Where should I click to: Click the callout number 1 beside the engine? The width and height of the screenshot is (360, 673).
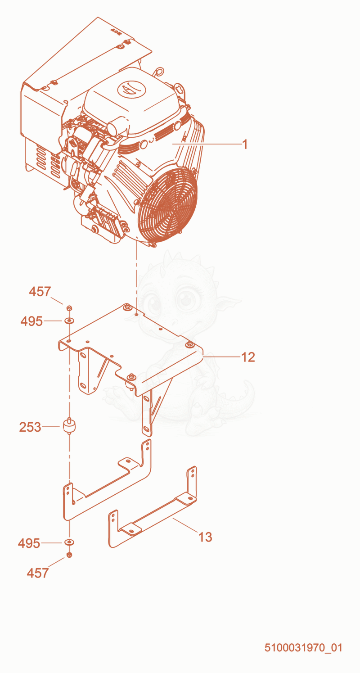(x=245, y=145)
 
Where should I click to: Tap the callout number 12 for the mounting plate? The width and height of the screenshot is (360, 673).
(x=248, y=357)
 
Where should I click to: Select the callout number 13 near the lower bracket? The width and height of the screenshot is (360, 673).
(x=205, y=537)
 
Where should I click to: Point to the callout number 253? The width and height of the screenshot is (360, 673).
(x=30, y=427)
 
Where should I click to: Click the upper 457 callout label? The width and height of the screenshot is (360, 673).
(x=40, y=292)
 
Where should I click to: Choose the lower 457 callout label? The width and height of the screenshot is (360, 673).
(x=37, y=573)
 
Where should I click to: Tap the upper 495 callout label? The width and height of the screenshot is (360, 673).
(x=31, y=321)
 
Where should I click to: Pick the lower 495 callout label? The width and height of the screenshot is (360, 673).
(x=29, y=543)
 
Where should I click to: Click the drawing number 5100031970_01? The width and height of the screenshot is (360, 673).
(x=303, y=647)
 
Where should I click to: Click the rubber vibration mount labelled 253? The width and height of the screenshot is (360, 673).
(x=69, y=426)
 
